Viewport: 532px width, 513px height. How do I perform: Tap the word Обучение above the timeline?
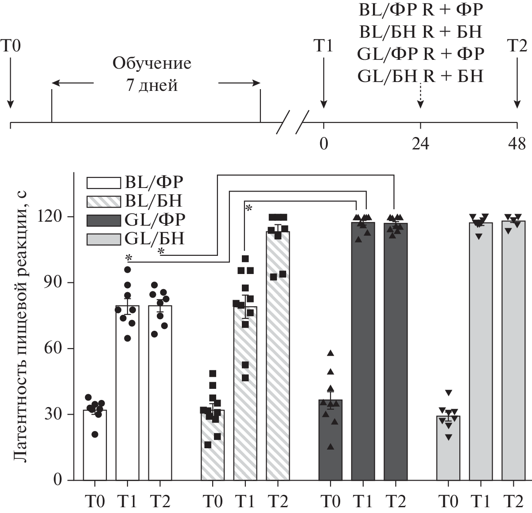pos(151,63)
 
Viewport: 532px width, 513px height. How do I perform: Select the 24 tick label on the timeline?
pos(420,144)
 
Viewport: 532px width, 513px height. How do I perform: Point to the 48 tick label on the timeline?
pos(516,144)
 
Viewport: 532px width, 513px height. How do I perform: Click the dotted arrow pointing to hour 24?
pos(420,95)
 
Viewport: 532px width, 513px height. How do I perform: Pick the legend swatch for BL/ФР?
pos(104,183)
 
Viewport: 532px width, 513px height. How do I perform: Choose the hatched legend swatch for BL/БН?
pos(104,201)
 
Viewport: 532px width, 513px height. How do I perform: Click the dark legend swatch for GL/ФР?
pos(104,220)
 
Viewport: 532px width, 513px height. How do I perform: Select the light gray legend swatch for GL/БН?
pos(104,239)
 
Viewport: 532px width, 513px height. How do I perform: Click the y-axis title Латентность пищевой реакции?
pos(22,326)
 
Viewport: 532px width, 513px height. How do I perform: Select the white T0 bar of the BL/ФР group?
pos(95,445)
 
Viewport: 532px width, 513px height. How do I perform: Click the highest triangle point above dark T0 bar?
pos(330,353)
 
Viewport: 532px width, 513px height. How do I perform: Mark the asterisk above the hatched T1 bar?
pos(249,208)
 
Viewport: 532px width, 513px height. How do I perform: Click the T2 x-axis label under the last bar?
pos(513,501)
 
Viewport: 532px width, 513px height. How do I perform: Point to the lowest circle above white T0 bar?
pos(95,434)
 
